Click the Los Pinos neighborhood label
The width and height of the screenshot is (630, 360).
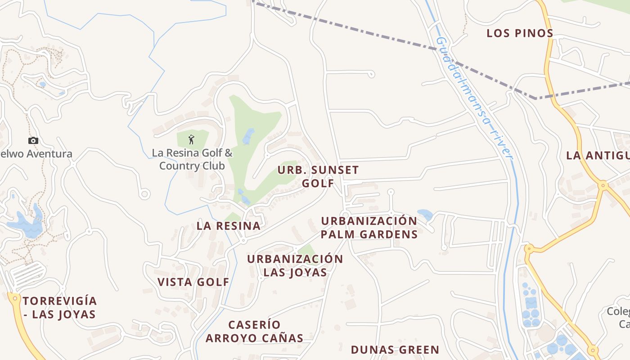point(520,33)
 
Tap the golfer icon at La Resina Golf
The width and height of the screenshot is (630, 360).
point(191,139)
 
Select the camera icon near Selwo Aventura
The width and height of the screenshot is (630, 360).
point(33,140)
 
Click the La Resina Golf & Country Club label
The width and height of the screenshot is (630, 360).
point(192,159)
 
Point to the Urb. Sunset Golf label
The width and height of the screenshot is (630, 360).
point(318,176)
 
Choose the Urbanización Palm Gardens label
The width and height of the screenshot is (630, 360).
point(369,228)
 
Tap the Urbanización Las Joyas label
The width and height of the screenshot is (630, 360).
point(295,265)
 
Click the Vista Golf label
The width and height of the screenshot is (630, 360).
point(193,282)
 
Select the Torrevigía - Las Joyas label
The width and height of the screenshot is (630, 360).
point(59,307)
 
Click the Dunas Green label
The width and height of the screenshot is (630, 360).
point(395,350)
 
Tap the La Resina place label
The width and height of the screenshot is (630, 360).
point(229,226)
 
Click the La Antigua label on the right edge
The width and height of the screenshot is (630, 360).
point(598,156)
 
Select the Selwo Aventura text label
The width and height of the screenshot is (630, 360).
point(36,154)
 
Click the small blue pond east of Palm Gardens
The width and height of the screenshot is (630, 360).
point(425,215)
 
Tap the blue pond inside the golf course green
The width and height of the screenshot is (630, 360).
point(248,136)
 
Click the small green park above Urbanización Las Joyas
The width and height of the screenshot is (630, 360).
point(307,250)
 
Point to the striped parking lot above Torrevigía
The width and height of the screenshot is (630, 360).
point(27,274)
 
